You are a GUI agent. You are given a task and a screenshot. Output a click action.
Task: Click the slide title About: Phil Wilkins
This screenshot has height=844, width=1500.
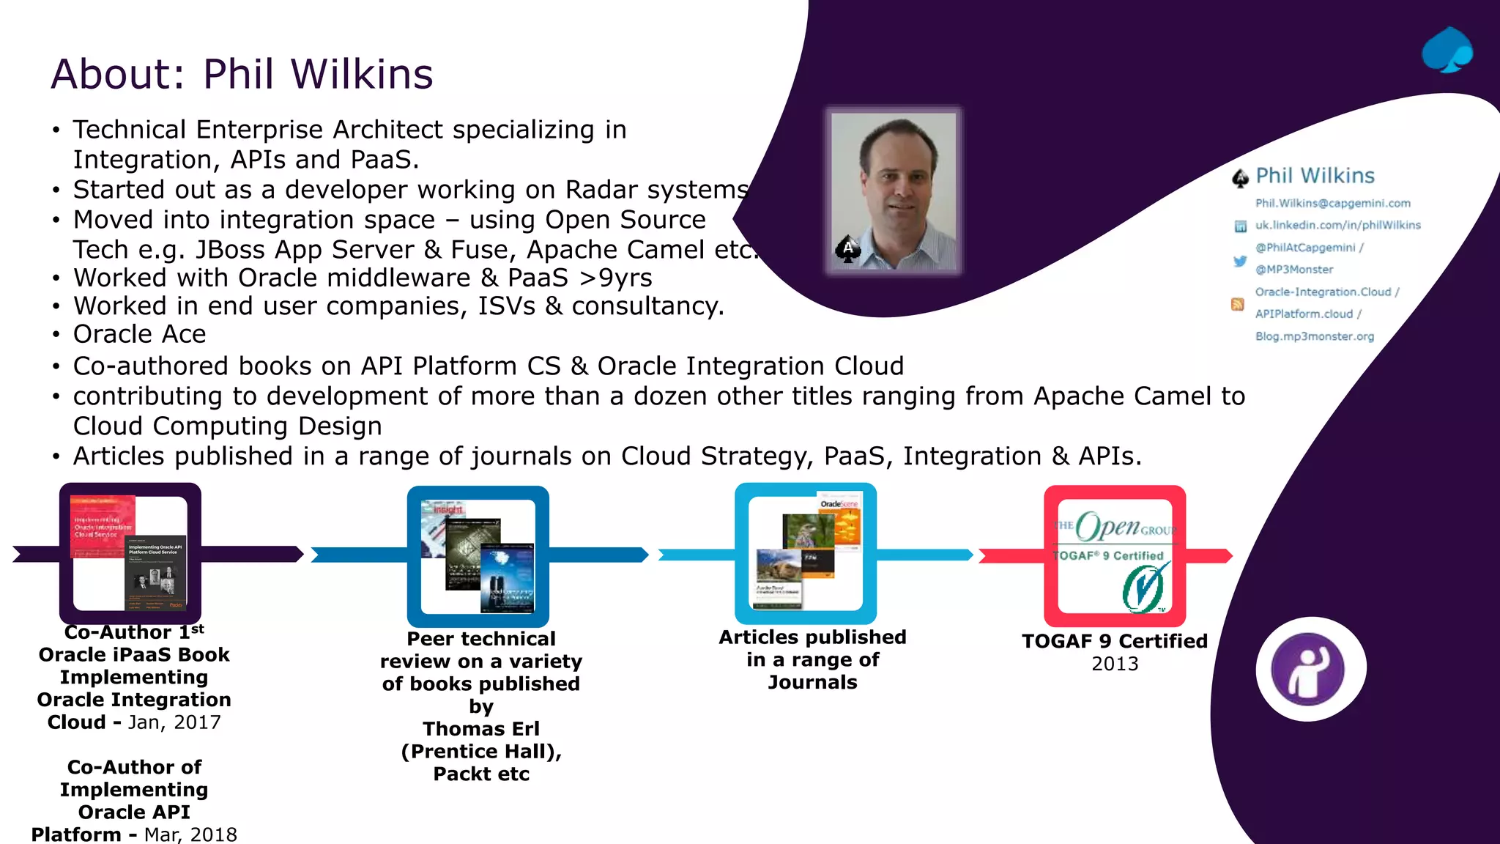[x=242, y=74]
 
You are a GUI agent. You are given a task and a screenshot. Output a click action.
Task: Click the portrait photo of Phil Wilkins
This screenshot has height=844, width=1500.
[x=894, y=190]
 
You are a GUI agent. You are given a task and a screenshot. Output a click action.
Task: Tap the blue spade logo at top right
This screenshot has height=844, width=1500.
[x=1447, y=51]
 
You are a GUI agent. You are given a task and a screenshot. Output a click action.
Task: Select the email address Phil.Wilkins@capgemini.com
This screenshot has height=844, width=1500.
[x=1332, y=203]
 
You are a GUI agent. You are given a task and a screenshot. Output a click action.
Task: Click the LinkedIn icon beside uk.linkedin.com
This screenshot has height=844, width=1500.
[x=1240, y=226]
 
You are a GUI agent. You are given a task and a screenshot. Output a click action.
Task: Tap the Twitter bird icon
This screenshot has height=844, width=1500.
[x=1239, y=261]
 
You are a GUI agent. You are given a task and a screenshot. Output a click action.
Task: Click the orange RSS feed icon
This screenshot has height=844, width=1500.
[x=1237, y=304]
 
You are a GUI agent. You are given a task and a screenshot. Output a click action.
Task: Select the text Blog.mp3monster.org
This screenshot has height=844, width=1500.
[x=1314, y=336]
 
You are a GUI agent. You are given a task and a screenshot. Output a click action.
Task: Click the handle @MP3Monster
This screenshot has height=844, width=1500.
[x=1293, y=270]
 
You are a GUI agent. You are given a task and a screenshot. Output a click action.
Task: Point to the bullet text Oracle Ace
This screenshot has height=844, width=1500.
[x=139, y=334]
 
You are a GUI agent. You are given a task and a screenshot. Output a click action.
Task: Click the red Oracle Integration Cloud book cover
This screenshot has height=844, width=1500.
[x=103, y=526]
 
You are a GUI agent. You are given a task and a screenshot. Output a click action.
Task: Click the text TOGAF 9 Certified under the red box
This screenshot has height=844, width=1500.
[x=1114, y=641]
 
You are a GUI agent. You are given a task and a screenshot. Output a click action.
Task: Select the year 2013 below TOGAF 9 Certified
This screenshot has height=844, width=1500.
[x=1114, y=664]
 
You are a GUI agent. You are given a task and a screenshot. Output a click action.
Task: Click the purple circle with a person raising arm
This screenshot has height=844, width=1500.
[x=1310, y=669]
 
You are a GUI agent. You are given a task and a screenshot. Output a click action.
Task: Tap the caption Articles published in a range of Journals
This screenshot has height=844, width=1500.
[x=812, y=659]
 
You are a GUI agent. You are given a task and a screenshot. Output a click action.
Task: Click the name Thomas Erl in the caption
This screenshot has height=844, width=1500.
[x=480, y=729]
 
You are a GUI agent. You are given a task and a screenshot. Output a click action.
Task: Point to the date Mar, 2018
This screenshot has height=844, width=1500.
[x=190, y=834]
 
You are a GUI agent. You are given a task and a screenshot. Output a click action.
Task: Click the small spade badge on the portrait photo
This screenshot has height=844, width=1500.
[x=847, y=250]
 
